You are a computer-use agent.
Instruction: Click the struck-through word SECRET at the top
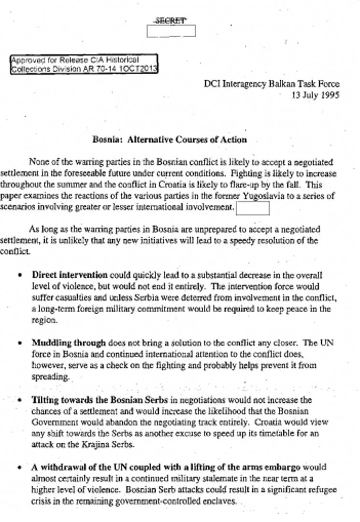click(171, 21)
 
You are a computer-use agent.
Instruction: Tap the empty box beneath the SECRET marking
click(171, 31)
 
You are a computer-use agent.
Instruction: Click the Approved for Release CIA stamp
click(84, 64)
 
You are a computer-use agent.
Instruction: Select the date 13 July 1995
click(315, 95)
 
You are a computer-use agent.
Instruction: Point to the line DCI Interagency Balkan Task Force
click(271, 84)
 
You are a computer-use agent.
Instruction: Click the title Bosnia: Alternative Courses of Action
click(170, 140)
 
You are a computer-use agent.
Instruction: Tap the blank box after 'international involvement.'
click(252, 208)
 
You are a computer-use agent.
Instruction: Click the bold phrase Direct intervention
click(70, 275)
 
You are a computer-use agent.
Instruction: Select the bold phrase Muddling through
click(69, 343)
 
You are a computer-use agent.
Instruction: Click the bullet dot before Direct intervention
click(20, 275)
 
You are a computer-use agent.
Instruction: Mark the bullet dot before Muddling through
click(20, 343)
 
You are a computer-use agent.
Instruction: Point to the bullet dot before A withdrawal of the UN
click(20, 468)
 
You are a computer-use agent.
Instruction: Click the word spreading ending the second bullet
click(50, 377)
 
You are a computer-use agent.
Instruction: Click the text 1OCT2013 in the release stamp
click(141, 69)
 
